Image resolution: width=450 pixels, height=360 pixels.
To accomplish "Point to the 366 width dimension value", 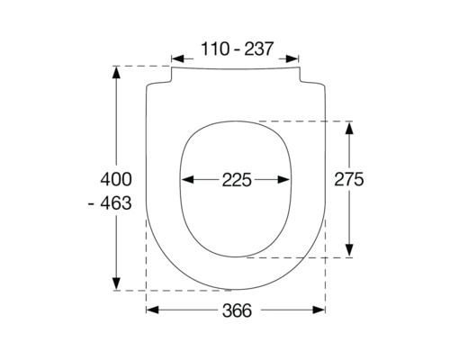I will pos(235,310).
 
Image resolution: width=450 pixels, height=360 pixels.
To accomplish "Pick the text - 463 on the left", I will pos(111,204).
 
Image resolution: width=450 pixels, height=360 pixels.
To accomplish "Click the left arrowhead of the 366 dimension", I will pos(150,310).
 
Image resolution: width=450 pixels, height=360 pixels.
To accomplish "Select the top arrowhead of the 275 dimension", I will pos(349,127).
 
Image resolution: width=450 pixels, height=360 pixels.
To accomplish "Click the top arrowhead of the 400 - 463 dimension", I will pos(116,72).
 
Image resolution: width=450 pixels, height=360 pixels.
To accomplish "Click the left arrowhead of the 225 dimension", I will pos(184,180).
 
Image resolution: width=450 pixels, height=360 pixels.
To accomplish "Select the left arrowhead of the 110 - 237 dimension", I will pos(176,51).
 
